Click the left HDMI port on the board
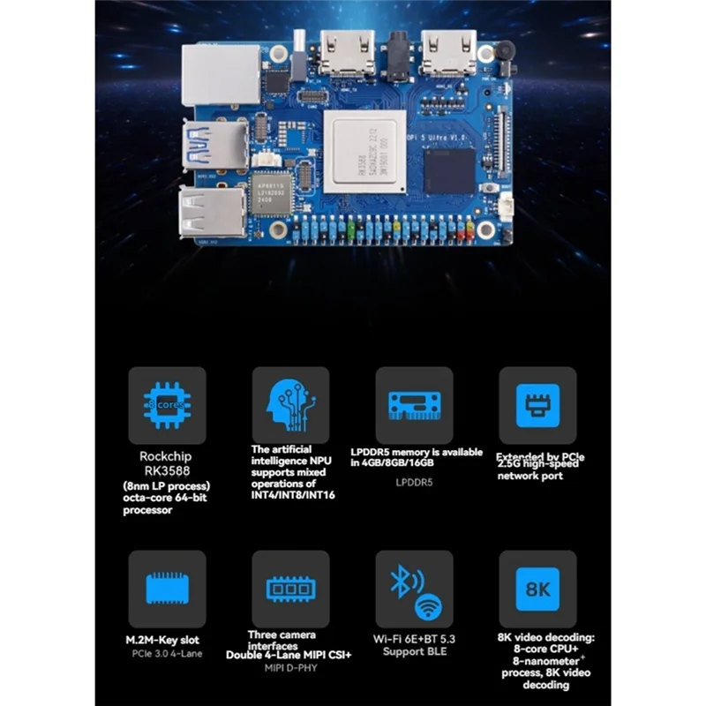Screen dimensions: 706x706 pos(347,52)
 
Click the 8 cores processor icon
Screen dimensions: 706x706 pos(167,405)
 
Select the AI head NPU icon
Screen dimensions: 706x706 pos(290,405)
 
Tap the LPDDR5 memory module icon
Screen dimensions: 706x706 pos(414,405)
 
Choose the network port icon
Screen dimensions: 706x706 pos(537,405)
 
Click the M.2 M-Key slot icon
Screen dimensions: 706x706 pos(167,589)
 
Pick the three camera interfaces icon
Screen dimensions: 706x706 pos(290,589)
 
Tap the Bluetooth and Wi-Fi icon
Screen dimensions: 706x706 pos(414,589)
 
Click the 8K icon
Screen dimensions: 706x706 pos(537,589)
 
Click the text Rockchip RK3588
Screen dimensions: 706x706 pos(167,463)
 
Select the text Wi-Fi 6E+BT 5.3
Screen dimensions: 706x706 pos(414,639)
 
